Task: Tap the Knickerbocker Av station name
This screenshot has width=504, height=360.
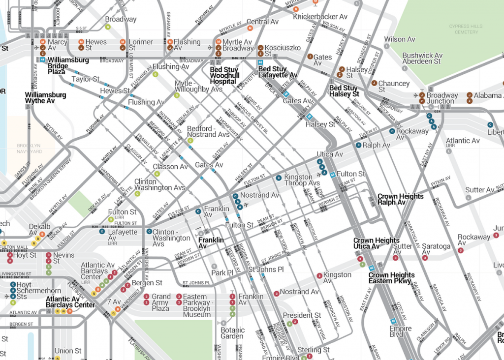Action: coord(320,17)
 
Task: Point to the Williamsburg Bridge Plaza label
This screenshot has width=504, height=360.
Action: coord(62,66)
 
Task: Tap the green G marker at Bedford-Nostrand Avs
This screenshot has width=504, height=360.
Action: coord(190,141)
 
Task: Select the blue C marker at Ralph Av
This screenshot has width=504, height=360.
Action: coord(359,145)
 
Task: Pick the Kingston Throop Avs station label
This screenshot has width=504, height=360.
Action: coord(302,180)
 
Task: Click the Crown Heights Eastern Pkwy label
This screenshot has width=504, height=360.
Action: coord(392,278)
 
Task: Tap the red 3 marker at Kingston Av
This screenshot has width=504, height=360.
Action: coord(319,275)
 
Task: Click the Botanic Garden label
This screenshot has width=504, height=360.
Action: coord(232,333)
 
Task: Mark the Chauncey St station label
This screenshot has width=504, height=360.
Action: coord(394,87)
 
